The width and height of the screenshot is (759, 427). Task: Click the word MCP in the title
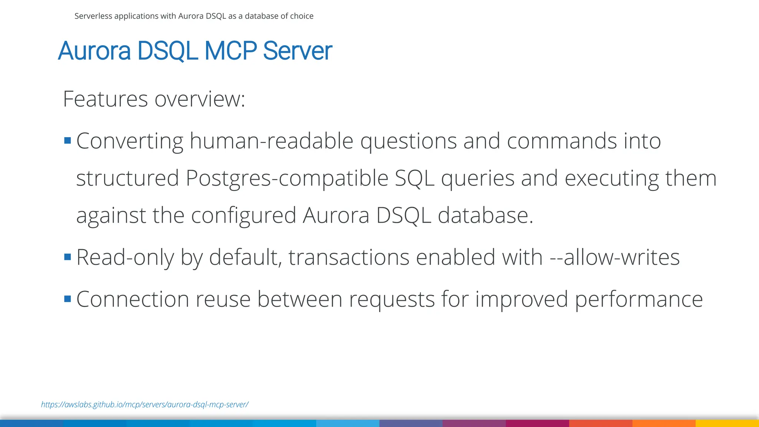(231, 51)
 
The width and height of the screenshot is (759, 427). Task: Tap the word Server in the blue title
(297, 51)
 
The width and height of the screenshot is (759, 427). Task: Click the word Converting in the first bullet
(130, 141)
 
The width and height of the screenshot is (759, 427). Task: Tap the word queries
(478, 178)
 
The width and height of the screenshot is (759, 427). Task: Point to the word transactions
(349, 257)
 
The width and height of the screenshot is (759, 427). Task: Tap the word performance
(639, 299)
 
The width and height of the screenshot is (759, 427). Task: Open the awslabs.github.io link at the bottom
(145, 404)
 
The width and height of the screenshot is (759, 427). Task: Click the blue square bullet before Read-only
(67, 257)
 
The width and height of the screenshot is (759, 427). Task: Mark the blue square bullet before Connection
(67, 299)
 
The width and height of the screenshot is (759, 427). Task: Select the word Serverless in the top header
(93, 16)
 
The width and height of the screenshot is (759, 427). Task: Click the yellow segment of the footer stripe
(727, 423)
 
